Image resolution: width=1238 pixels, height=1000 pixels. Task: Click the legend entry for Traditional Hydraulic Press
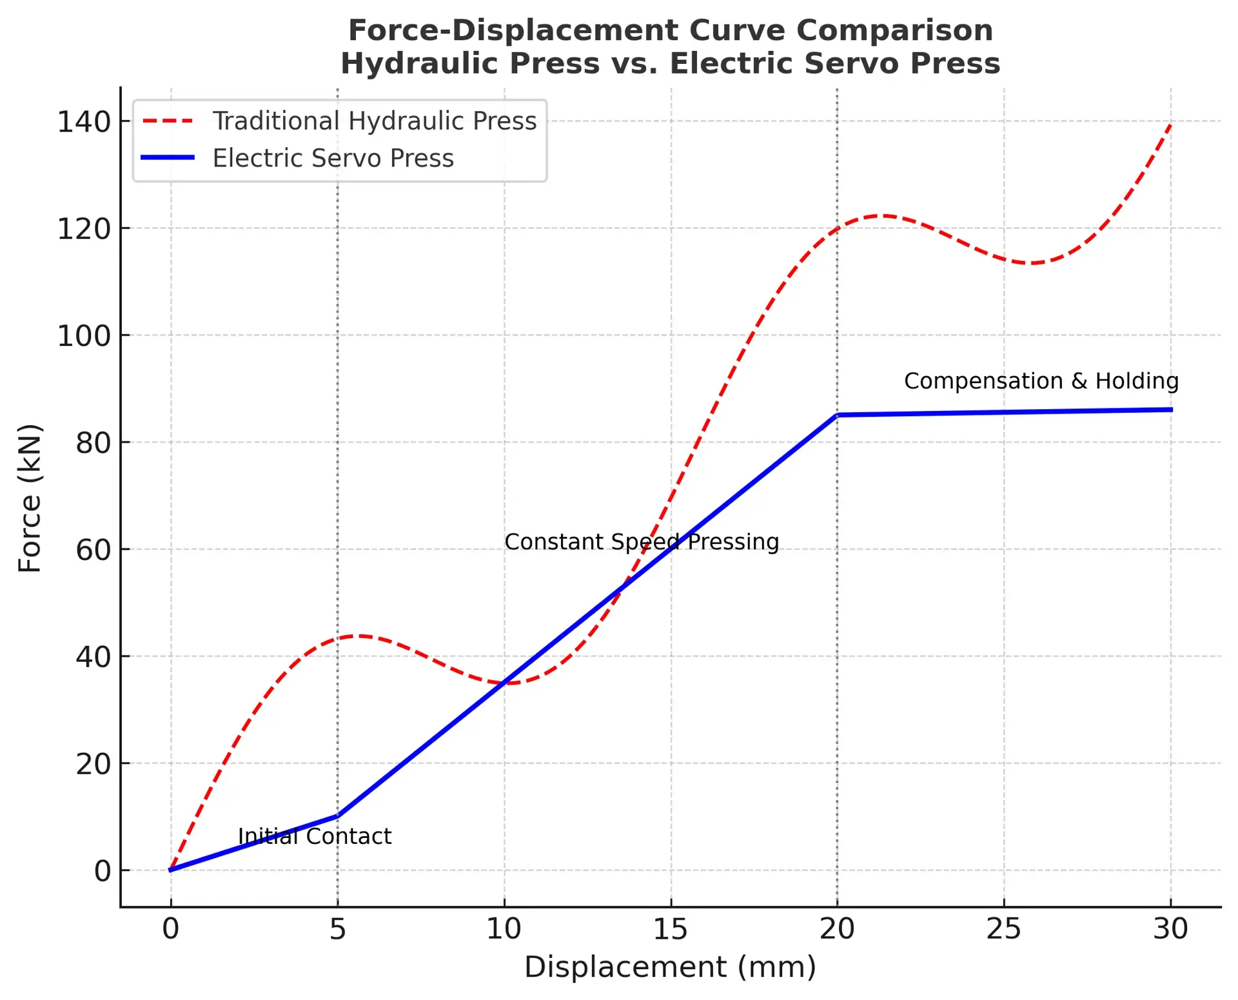[x=374, y=121]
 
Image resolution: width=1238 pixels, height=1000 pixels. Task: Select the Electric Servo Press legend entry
[x=333, y=159]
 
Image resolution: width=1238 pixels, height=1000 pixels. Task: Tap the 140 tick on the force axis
[x=84, y=122]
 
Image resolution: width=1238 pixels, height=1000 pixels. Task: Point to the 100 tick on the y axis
[x=84, y=336]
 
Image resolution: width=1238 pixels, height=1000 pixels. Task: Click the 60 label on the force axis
[x=93, y=550]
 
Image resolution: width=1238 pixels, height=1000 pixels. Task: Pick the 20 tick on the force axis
[x=93, y=765]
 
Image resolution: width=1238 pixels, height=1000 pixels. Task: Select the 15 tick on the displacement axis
[x=671, y=929]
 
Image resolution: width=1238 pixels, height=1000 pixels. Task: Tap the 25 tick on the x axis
[x=1004, y=929]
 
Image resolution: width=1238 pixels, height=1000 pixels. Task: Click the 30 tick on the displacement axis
[x=1170, y=929]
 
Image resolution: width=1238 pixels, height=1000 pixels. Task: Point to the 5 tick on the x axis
[x=337, y=929]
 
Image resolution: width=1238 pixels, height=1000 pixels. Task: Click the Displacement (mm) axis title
[x=670, y=967]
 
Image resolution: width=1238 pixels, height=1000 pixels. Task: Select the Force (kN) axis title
[x=30, y=497]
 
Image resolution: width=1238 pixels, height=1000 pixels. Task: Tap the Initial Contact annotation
[x=315, y=837]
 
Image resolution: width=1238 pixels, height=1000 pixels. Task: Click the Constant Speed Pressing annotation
[x=642, y=542]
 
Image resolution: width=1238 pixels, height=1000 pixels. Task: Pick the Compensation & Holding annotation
[x=1041, y=381]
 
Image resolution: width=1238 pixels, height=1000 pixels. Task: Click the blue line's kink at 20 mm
[x=837, y=415]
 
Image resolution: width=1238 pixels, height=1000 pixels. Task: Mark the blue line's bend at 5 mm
[x=337, y=816]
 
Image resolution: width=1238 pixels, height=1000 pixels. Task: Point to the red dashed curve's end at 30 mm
[x=1170, y=124]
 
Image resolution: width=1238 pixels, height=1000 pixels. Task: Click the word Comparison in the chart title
[x=896, y=30]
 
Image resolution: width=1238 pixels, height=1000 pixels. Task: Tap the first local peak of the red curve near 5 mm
[x=359, y=636]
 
